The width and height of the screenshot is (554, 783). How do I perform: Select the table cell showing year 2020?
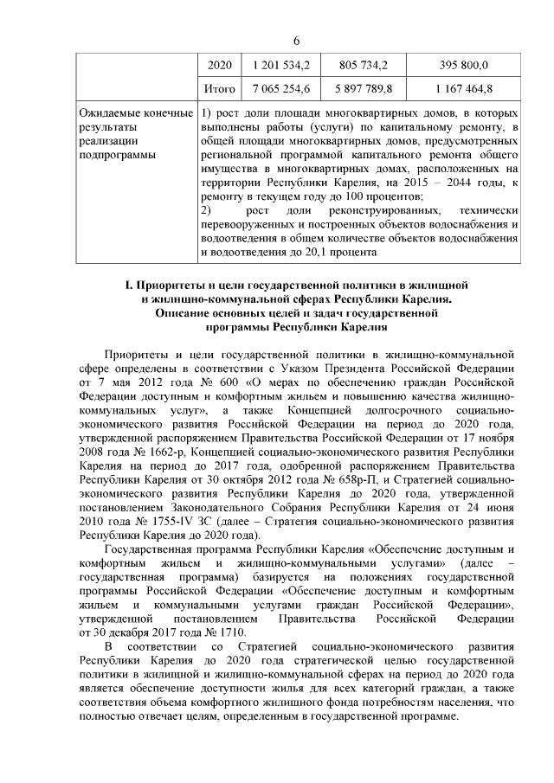[222, 65]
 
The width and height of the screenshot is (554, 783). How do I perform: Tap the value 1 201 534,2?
[281, 65]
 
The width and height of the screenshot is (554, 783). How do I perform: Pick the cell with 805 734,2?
[364, 65]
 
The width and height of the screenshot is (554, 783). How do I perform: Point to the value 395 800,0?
[464, 65]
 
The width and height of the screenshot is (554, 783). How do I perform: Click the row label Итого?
[220, 88]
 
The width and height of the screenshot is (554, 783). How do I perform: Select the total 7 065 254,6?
[281, 88]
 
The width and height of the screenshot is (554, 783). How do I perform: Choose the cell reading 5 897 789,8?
[364, 88]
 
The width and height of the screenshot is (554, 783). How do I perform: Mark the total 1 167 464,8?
[464, 88]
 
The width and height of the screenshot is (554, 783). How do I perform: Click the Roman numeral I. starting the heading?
[128, 285]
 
